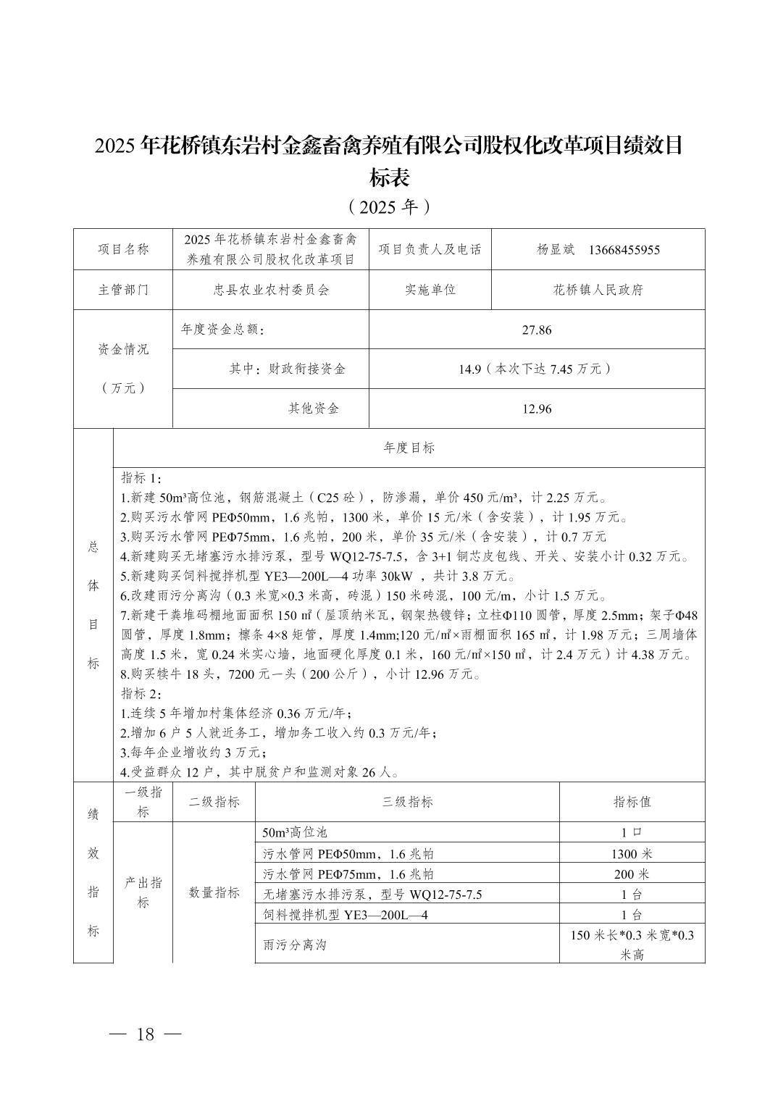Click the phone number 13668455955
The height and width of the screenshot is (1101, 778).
624,250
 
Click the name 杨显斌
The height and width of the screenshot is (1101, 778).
555,250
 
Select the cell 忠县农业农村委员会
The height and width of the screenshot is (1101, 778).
270,290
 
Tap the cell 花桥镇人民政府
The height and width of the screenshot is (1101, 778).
598,290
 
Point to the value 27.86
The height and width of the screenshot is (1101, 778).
536,330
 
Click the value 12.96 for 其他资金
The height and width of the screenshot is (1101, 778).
536,409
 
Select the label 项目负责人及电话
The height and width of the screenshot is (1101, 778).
430,249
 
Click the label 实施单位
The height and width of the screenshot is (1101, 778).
430,290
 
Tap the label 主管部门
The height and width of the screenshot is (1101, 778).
123,290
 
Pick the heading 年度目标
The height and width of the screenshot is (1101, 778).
409,448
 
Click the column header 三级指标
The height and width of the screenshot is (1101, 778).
407,802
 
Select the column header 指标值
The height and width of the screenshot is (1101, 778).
632,802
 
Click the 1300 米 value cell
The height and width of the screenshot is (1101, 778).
632,854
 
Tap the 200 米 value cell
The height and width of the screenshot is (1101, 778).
632,874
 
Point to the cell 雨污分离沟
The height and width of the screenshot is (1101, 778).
295,945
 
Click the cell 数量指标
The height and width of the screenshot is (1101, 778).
214,892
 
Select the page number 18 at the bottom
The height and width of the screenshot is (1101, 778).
145,1034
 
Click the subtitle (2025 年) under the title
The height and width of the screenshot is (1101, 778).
389,207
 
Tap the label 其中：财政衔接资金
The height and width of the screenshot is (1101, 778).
287,369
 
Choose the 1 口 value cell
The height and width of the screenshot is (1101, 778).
632,833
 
